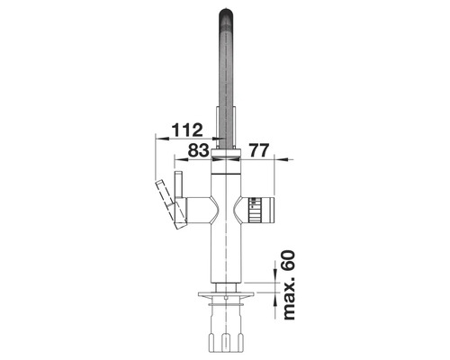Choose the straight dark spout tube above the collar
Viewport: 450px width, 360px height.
pos(227,99)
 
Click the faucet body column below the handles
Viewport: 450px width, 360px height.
pos(227,252)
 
